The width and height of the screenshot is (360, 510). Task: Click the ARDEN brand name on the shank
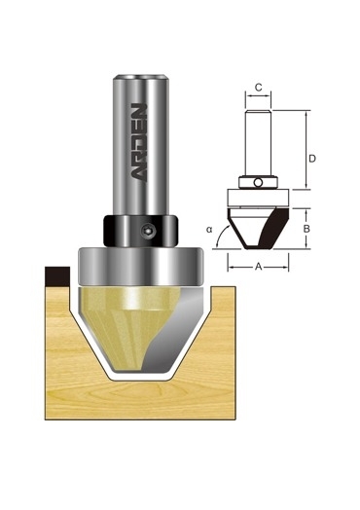pyautogui.click(x=139, y=142)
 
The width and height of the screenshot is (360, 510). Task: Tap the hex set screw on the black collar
pyautogui.click(x=148, y=231)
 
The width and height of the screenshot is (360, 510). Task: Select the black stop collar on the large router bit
pyautogui.click(x=141, y=231)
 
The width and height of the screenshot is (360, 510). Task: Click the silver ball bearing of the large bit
pyautogui.click(x=141, y=267)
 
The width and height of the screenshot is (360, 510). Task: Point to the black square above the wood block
pyautogui.click(x=57, y=276)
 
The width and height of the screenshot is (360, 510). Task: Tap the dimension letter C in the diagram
pyautogui.click(x=258, y=88)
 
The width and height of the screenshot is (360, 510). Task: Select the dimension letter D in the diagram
pyautogui.click(x=312, y=159)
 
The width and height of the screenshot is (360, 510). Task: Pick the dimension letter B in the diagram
pyautogui.click(x=306, y=229)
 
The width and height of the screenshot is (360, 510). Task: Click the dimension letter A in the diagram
pyautogui.click(x=258, y=267)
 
